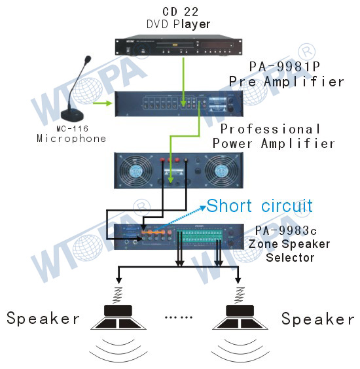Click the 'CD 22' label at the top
point(181,12)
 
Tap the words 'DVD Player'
point(178,24)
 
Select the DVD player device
point(179,45)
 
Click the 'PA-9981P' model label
point(285,67)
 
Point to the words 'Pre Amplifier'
point(286,82)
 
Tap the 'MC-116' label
point(72,128)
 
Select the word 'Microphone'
point(71,139)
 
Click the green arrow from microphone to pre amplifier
point(102,103)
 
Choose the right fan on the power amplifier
point(221,171)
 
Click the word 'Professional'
point(270,129)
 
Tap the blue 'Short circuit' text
point(259,205)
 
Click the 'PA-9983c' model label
point(286,230)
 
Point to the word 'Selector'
point(290,258)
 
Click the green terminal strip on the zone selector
point(200,236)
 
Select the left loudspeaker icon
point(118,317)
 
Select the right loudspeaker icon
point(240,317)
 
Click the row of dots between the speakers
point(179,317)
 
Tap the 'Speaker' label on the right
point(318,319)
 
